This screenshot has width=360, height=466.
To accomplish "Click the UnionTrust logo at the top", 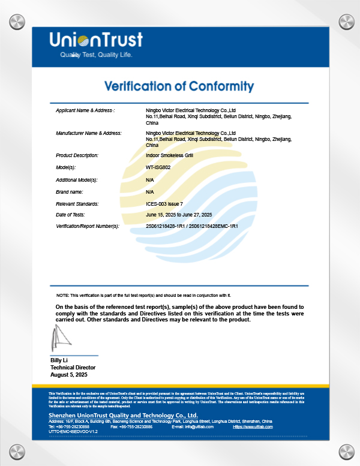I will pos(95,40).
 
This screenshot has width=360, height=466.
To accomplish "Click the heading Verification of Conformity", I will pos(179,86).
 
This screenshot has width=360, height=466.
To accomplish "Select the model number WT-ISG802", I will pos(158,167).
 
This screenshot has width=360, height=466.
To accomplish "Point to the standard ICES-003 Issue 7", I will pos(164,204).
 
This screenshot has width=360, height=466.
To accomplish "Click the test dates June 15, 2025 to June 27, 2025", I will pos(179,215).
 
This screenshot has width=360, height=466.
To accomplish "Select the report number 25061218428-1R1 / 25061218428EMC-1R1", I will pos(192,226).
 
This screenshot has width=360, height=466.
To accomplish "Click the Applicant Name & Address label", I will pos(85,110).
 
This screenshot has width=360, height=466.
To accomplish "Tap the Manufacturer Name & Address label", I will pos(89,133).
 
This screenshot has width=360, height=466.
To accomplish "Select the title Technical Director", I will pos(73,368).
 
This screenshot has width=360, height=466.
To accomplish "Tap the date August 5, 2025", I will pos(69,375).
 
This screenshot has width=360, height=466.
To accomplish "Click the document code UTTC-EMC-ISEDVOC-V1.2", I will pos(73,432).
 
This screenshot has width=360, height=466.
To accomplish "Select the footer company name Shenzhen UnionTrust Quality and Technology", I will pos(123,415).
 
